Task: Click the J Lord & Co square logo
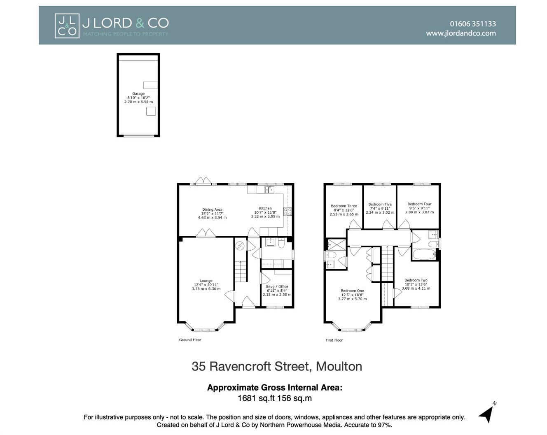click(x=67, y=26)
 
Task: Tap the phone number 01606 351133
click(x=472, y=24)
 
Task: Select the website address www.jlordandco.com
click(x=461, y=33)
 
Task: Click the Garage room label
click(x=138, y=94)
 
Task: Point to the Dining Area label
click(x=212, y=209)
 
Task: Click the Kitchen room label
click(x=265, y=208)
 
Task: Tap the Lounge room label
click(x=206, y=281)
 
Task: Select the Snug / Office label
click(x=277, y=286)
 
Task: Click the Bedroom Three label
click(x=344, y=206)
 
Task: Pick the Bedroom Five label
click(x=380, y=205)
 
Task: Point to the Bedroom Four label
click(x=419, y=204)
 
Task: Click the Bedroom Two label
click(x=416, y=280)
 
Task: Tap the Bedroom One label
click(x=352, y=291)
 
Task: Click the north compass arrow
click(x=487, y=413)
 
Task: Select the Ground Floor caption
click(x=190, y=340)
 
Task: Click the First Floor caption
click(x=334, y=340)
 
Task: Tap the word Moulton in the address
click(x=339, y=366)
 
